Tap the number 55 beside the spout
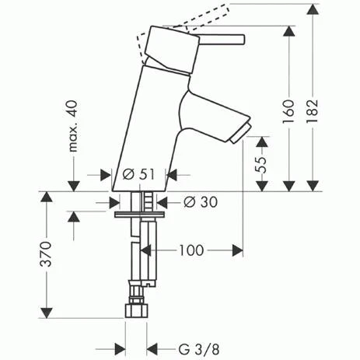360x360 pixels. [x=263, y=163]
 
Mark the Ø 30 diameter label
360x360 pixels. [x=200, y=201]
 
